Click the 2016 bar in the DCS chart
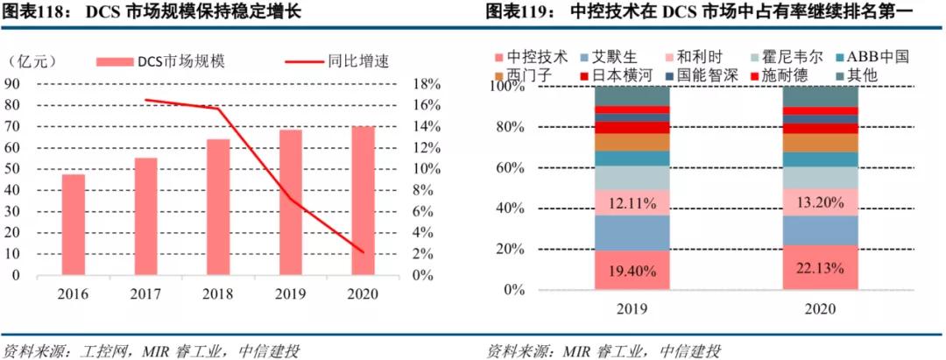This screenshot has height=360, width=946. pos(74,224)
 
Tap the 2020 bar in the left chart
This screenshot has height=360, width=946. pos(363,201)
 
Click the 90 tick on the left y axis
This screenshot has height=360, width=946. pos(13,84)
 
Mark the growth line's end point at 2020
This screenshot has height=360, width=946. pos(363,252)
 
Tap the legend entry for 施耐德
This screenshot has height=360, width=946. pos(785,75)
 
